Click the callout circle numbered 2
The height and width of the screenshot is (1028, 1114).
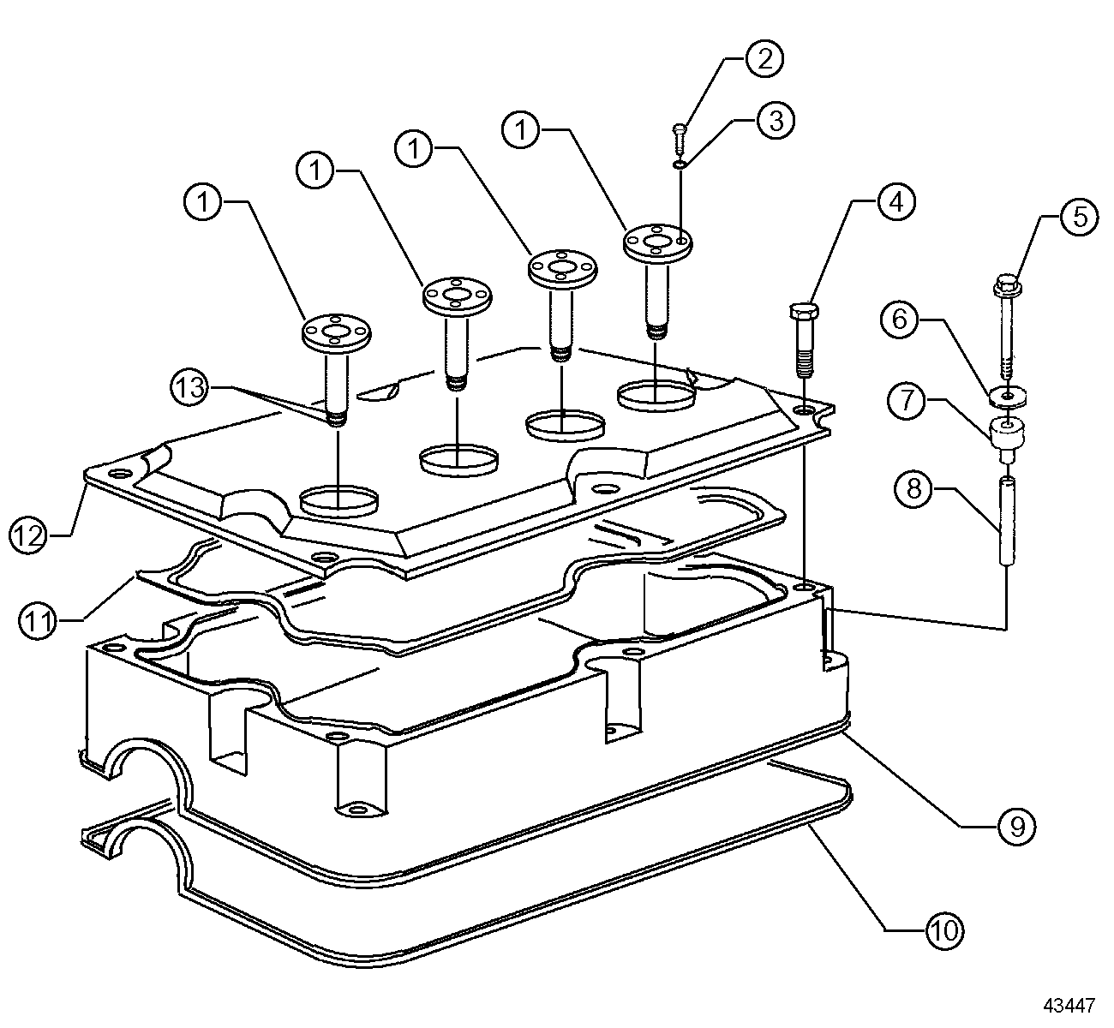pyautogui.click(x=764, y=58)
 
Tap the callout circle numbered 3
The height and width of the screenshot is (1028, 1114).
pyautogui.click(x=774, y=120)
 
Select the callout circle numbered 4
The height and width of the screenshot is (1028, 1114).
pyautogui.click(x=895, y=202)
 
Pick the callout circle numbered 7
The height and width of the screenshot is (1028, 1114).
pyautogui.click(x=907, y=399)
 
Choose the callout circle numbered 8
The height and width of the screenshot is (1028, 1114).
pyautogui.click(x=915, y=489)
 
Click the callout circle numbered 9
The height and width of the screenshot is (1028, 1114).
pyautogui.click(x=1016, y=826)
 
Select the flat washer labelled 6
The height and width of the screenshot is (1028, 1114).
pyautogui.click(x=1007, y=396)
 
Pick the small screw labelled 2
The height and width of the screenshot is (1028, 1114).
pyautogui.click(x=679, y=133)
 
